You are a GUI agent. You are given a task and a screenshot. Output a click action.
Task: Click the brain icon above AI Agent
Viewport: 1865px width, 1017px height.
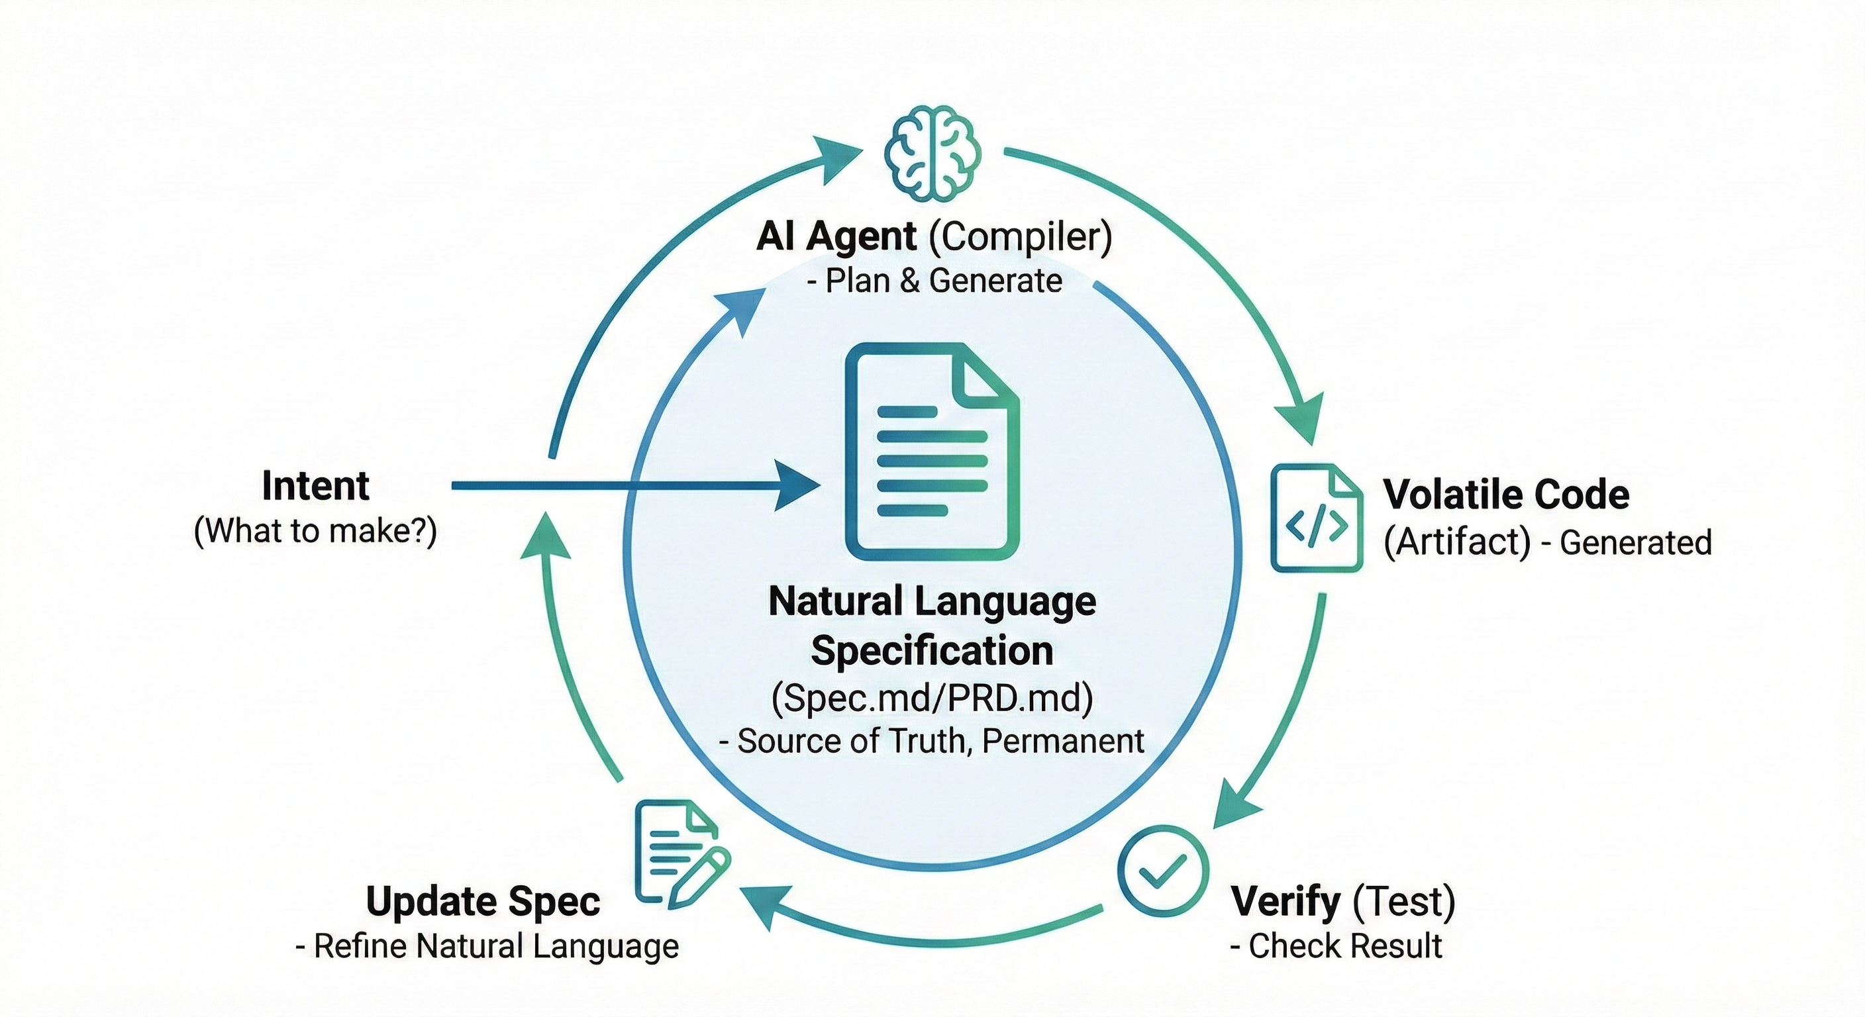(932, 154)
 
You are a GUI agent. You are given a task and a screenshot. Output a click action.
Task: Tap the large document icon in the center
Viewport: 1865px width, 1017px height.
(932, 452)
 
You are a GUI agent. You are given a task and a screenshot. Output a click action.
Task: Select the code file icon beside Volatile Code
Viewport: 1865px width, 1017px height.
(1317, 518)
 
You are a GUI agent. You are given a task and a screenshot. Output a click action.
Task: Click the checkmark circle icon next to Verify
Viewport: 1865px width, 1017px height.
(1163, 871)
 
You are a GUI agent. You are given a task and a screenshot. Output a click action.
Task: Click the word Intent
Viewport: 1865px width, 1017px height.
(316, 486)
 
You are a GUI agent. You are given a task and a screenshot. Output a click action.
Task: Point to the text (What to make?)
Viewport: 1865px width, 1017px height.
(316, 531)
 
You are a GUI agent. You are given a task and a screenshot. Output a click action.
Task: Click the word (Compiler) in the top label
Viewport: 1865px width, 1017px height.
(1020, 236)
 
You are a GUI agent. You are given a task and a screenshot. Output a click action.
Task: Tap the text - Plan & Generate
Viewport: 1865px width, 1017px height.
(934, 281)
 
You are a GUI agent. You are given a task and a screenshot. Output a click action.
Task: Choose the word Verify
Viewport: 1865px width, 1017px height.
(1285, 902)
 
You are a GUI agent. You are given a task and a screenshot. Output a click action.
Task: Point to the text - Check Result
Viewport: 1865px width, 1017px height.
(1336, 946)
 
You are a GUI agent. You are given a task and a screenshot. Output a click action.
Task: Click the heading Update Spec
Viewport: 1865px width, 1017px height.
(483, 902)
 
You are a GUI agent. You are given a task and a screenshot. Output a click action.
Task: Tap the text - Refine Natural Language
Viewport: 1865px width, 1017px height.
(487, 946)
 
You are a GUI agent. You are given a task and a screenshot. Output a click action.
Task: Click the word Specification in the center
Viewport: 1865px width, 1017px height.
(932, 651)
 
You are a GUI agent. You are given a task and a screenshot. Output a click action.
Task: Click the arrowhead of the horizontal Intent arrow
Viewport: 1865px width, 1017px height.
(799, 486)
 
